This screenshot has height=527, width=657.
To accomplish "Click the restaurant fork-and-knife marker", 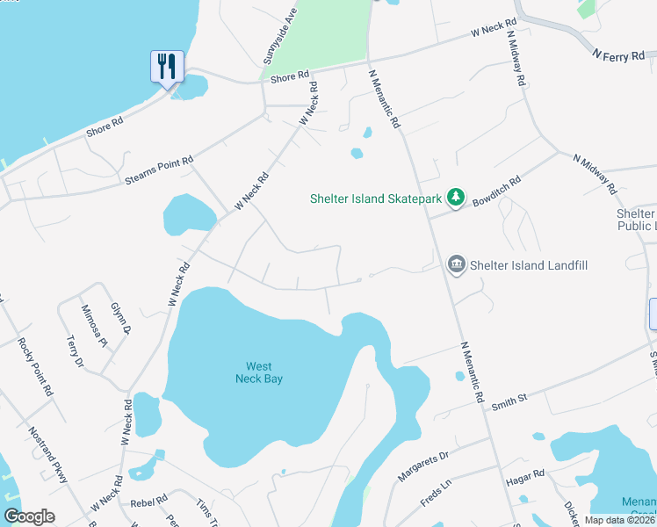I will (x=167, y=66).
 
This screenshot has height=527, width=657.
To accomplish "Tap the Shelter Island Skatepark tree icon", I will (x=455, y=199).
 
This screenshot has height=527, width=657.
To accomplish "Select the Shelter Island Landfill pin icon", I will (x=456, y=264).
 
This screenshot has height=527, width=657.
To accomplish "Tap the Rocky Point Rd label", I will (x=36, y=364).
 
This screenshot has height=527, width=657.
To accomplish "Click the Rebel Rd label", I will (x=148, y=502).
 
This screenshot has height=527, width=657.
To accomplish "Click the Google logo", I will (x=30, y=516).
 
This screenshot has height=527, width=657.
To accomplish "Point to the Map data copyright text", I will (x=620, y=520).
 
